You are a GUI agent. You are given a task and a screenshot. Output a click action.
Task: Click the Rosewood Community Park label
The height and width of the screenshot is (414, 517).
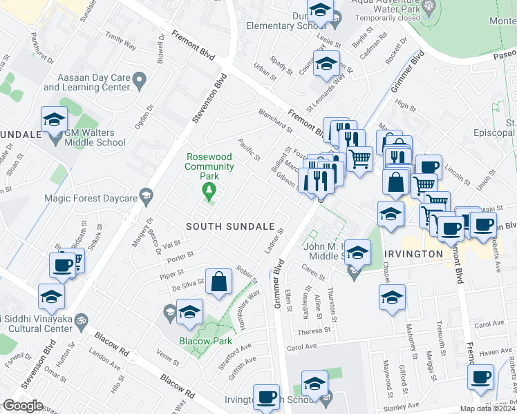(x=209, y=166)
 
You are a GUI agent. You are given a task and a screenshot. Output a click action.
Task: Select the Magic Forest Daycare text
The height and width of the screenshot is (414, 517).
(x=88, y=198)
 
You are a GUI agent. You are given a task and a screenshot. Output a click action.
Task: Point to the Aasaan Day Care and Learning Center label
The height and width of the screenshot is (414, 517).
(x=86, y=83)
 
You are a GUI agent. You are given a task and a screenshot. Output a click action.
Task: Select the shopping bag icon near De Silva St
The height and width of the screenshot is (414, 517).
(x=218, y=283)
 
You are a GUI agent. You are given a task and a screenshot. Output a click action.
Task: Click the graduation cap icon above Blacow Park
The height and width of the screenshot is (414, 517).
(x=189, y=312)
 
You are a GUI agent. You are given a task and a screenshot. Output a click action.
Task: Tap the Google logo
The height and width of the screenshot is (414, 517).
(x=23, y=406)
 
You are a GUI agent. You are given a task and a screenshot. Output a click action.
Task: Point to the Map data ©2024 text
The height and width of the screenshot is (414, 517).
(x=489, y=408)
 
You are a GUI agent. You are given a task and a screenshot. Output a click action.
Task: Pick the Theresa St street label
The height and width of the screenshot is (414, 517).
(x=314, y=330)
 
